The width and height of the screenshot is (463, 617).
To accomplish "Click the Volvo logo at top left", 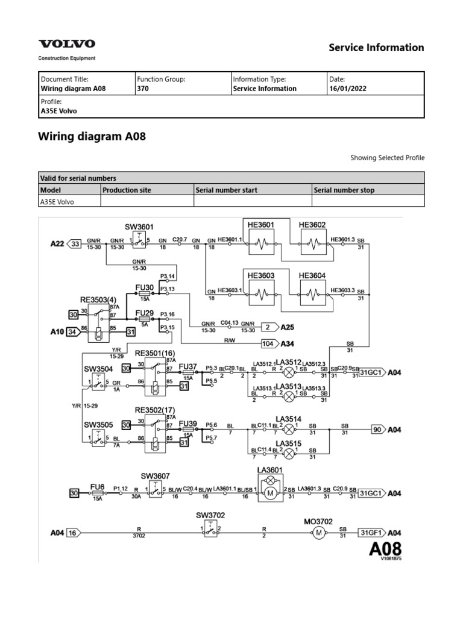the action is click(66, 44).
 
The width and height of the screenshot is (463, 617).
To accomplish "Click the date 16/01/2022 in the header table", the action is click(347, 89).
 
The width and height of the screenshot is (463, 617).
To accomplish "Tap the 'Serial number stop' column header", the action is click(344, 190).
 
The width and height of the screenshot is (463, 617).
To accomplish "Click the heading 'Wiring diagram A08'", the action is click(92, 137).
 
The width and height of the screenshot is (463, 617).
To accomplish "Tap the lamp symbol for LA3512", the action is click(289, 372).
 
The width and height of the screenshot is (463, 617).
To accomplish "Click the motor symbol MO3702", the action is click(317, 533).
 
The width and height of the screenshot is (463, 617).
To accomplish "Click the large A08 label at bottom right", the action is click(384, 549).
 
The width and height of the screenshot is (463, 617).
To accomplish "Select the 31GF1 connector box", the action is click(370, 533).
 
